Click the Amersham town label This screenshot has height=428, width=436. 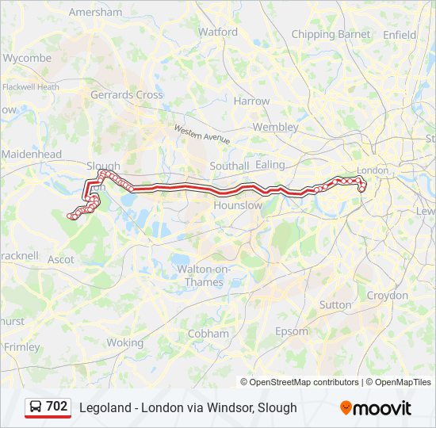point(95,13)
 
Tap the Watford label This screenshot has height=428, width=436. point(218,32)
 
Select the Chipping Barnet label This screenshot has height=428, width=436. point(331,34)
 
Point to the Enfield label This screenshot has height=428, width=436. point(400,35)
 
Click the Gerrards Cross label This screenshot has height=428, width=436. point(127,94)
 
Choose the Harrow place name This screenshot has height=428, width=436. point(251,101)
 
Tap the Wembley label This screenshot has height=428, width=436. point(275,127)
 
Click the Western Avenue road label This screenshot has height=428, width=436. point(202,134)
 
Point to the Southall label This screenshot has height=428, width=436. point(229,166)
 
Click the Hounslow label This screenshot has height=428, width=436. point(238,205)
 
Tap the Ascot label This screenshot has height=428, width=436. point(61,259)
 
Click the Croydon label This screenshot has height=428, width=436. point(388,296)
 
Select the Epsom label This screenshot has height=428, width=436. point(291,331)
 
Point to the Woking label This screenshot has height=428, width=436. point(125,343)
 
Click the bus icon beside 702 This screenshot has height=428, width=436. point(36,407)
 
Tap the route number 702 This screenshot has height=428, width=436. point(57,407)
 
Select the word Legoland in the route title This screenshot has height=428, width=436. point(104,407)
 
